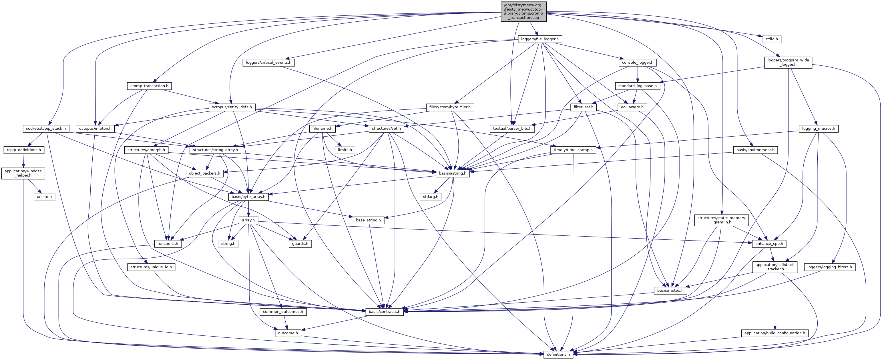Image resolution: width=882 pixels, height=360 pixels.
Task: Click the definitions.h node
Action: click(x=558, y=354)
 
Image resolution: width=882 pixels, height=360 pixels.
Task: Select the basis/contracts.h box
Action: click(x=384, y=311)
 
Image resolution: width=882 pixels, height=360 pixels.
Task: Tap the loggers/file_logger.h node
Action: click(x=539, y=39)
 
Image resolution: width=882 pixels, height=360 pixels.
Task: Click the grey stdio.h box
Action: click(x=771, y=39)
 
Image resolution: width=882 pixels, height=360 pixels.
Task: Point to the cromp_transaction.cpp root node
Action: click(x=523, y=11)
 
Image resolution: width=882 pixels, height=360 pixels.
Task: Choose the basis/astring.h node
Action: click(x=453, y=173)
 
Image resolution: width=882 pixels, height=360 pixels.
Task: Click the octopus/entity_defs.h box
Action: click(x=232, y=107)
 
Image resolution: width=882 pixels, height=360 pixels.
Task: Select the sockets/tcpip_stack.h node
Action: click(x=46, y=128)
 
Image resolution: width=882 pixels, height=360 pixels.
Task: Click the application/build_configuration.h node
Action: click(x=775, y=333)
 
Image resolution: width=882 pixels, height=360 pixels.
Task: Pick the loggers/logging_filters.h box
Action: click(x=829, y=267)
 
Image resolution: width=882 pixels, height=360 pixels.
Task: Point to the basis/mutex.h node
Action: click(x=670, y=291)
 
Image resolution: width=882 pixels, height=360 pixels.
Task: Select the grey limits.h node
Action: click(x=345, y=150)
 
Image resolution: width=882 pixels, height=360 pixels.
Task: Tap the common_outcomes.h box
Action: click(x=283, y=312)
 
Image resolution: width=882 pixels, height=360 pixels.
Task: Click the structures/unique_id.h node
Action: click(x=151, y=267)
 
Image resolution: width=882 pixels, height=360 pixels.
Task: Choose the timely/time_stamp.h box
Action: click(x=573, y=150)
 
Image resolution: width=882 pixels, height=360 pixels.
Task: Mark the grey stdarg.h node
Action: click(x=430, y=197)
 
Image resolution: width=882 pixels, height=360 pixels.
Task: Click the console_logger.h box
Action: click(x=637, y=62)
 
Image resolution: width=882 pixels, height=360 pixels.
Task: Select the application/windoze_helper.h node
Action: click(x=23, y=173)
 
